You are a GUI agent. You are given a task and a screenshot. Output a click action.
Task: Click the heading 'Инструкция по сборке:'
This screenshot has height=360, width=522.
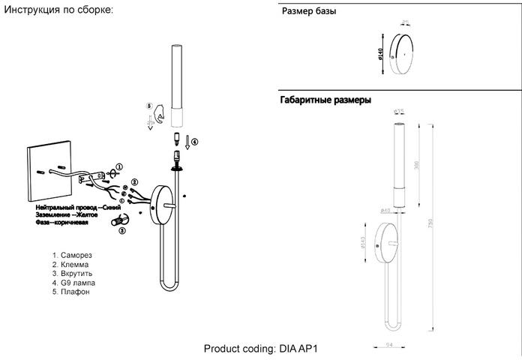coord(58,10)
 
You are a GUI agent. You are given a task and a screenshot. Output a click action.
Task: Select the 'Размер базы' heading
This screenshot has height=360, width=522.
coord(308,13)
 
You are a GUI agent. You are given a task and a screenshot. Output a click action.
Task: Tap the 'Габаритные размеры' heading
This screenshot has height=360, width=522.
coord(325,100)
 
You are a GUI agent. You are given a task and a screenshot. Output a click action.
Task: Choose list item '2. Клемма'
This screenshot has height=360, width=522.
coord(72,265)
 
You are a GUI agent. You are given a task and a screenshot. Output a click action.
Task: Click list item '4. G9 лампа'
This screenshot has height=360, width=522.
coord(74,283)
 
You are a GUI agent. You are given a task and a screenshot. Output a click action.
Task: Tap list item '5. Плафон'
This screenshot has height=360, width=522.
coord(72,292)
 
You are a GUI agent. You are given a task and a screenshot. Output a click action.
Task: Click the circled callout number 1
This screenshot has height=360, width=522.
coord(119,166)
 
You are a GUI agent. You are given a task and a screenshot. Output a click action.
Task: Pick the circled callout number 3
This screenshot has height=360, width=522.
coord(121,232)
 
